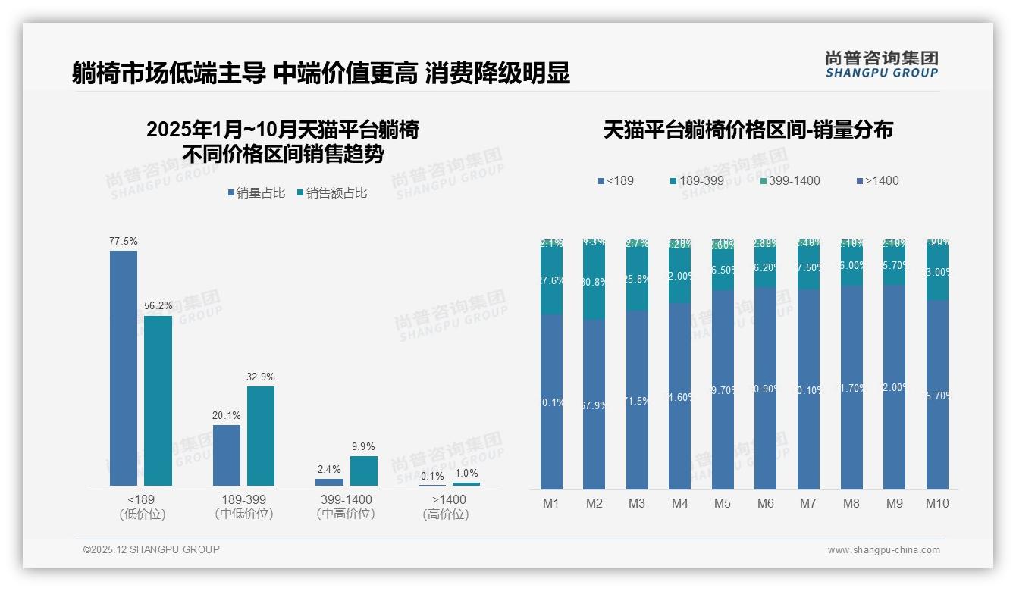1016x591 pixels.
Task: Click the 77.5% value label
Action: [x=124, y=242]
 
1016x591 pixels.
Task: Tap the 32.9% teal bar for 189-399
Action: [x=260, y=436]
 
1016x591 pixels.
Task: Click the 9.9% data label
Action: [x=363, y=446]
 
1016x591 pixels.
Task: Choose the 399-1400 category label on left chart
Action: [x=346, y=499]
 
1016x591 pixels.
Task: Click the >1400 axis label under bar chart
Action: [x=449, y=499]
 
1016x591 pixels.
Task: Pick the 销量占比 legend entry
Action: [x=256, y=193]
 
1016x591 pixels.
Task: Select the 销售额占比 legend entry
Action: [x=332, y=193]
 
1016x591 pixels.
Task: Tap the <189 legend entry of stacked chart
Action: [x=616, y=181]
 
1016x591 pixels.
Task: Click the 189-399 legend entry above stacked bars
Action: [x=697, y=181]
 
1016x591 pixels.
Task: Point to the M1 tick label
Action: [x=551, y=504]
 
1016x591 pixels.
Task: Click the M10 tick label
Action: [x=937, y=504]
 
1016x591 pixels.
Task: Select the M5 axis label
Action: [x=723, y=504]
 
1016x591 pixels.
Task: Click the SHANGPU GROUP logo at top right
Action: [x=881, y=64]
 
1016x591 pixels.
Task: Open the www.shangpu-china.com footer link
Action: [x=883, y=550]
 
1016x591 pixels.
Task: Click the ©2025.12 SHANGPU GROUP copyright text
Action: [x=152, y=549]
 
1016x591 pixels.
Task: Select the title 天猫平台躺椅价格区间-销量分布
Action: [x=748, y=130]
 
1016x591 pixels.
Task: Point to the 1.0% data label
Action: [x=466, y=474]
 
